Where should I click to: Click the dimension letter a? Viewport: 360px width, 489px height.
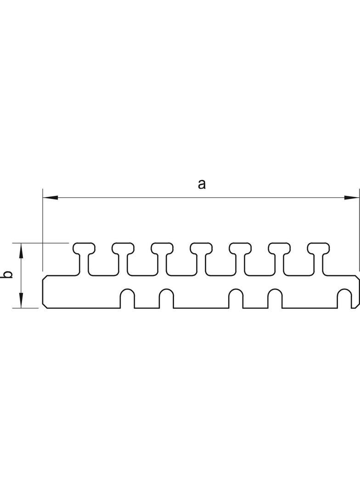(201, 184)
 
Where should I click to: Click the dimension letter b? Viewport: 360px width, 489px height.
(7, 275)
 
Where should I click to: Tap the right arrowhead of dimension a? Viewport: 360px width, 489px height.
(351, 198)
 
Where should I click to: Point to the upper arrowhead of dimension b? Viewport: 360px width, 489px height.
(21, 250)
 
